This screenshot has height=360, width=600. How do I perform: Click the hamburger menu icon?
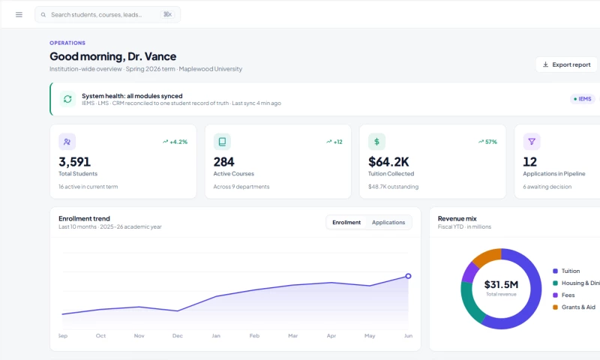click(19, 14)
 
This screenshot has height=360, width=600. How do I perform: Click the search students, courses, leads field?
click(107, 14)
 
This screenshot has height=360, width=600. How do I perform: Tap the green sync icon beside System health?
click(67, 99)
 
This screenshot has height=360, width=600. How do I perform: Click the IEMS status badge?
click(583, 99)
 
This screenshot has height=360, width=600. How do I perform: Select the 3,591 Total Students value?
click(74, 162)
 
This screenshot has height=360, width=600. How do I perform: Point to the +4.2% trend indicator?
click(175, 142)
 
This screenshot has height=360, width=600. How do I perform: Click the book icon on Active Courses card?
click(222, 142)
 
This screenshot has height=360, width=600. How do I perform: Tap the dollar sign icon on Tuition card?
click(376, 142)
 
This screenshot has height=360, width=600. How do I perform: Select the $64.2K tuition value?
click(388, 162)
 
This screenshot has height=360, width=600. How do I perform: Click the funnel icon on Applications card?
click(532, 142)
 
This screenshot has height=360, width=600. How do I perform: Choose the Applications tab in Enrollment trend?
click(388, 222)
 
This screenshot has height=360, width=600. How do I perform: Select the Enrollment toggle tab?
click(346, 222)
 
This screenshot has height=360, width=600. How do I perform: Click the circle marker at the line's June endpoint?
click(408, 276)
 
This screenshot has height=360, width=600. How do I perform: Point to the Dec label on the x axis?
click(178, 335)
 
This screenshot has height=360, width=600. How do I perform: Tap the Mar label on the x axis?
click(292, 335)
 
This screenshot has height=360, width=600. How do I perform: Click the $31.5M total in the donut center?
click(501, 284)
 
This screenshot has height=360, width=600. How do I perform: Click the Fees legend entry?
click(564, 295)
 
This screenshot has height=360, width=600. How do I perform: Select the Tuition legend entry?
click(566, 271)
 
